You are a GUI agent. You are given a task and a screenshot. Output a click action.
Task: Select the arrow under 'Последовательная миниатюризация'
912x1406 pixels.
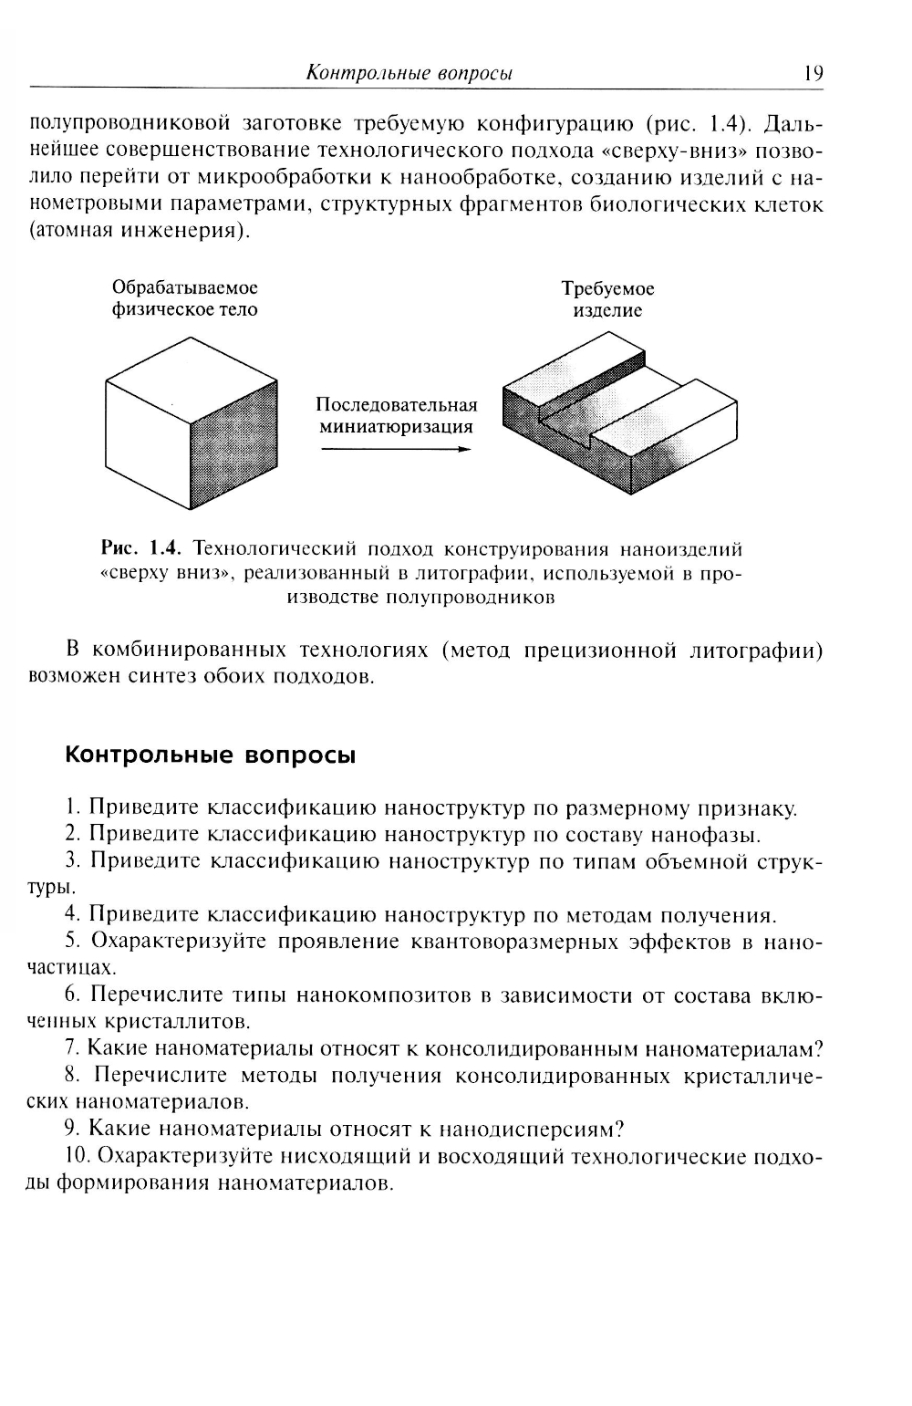pos(396,449)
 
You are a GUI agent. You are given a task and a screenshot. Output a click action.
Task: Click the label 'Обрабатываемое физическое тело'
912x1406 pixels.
pos(184,298)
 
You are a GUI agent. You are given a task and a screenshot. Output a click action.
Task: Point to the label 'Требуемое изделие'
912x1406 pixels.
pos(607,299)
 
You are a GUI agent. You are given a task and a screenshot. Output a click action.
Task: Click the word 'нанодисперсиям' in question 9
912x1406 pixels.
pos(526,1130)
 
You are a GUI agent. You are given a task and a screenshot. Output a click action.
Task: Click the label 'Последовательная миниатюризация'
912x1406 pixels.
pos(397,415)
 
